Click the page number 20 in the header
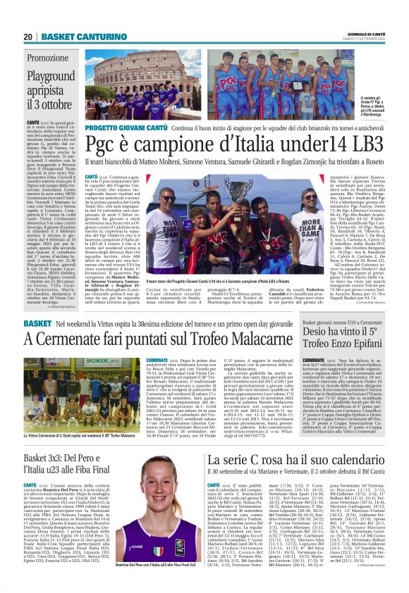(x=29, y=37)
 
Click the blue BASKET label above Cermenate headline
(x=37, y=322)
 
